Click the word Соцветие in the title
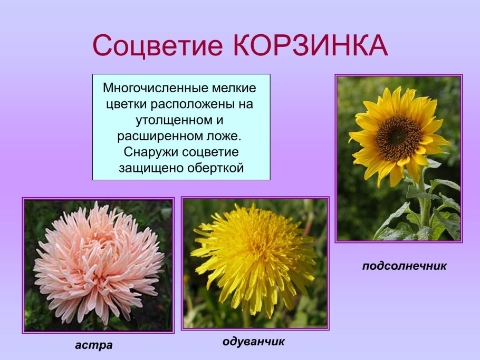(159, 46)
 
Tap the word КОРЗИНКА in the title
(310, 46)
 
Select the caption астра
(94, 345)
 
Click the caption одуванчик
(254, 342)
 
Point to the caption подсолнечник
(404, 266)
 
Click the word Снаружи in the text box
(149, 152)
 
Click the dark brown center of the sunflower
(399, 138)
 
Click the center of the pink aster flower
(98, 261)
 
